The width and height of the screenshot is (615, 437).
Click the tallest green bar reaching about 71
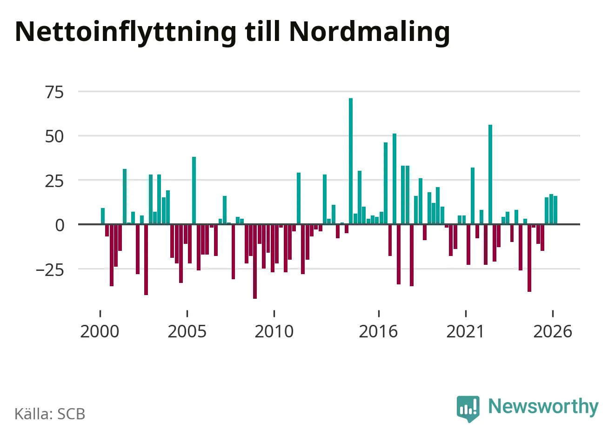click(351, 161)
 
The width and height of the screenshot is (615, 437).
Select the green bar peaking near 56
click(490, 175)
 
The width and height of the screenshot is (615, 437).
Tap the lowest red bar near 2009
click(255, 261)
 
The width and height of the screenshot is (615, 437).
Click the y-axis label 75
click(54, 92)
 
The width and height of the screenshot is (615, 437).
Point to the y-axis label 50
click(54, 136)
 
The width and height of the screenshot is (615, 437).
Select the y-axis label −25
click(50, 270)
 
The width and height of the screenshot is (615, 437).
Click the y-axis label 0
click(60, 226)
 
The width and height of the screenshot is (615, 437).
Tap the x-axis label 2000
click(100, 331)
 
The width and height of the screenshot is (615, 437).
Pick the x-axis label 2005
click(187, 331)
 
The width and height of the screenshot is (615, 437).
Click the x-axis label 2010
click(274, 331)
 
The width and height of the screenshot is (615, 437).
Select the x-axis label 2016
click(378, 331)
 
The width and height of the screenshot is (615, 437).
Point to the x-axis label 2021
click(465, 331)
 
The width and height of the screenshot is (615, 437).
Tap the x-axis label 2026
click(553, 331)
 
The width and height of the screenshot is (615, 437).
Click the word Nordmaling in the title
click(369, 33)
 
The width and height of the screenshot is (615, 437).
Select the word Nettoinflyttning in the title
click(126, 33)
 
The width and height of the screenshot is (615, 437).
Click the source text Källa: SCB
click(50, 414)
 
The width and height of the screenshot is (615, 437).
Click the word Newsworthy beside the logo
click(543, 406)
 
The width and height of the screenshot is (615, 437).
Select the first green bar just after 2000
click(103, 216)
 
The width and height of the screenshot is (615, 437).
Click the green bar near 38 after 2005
click(194, 190)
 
